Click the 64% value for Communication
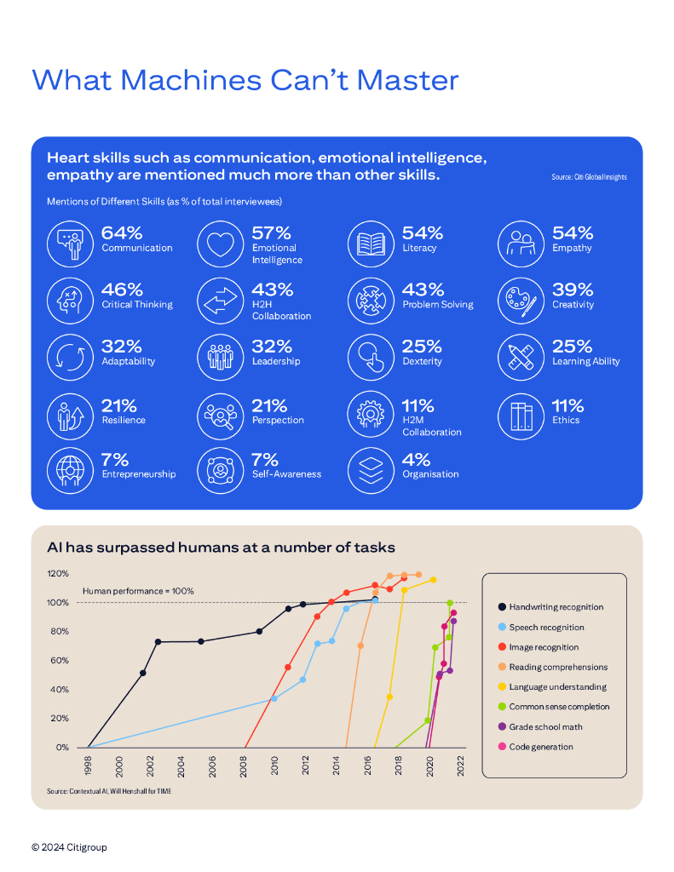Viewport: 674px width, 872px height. tap(122, 232)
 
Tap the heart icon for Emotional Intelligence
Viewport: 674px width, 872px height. tap(220, 244)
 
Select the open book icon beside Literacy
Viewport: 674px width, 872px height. tap(371, 244)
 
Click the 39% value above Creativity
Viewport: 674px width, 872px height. tap(573, 290)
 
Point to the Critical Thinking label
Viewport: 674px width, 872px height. tap(137, 305)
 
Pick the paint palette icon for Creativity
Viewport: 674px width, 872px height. tap(521, 301)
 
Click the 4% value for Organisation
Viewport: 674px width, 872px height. tap(417, 459)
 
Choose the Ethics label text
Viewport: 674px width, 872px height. tap(566, 420)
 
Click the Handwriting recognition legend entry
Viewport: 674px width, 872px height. tap(556, 607)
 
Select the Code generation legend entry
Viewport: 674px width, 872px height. tap(541, 747)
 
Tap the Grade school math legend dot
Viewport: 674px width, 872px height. tap(502, 727)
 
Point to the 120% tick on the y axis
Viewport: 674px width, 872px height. tap(58, 573)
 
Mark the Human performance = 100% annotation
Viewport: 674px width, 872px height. tap(138, 591)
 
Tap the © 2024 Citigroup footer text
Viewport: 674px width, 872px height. tap(70, 847)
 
